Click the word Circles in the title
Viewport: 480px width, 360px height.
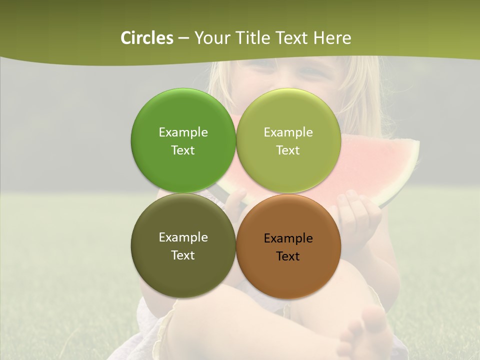[146, 38]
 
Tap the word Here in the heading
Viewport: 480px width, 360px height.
[332, 38]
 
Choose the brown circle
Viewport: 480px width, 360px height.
[288, 275]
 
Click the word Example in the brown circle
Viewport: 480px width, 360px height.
[288, 238]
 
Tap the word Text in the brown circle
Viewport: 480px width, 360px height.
[288, 256]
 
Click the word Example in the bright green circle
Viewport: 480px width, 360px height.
[183, 132]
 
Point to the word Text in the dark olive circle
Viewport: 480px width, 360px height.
[183, 255]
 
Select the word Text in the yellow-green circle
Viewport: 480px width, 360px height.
[288, 150]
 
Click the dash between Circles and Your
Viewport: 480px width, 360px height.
[183, 38]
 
